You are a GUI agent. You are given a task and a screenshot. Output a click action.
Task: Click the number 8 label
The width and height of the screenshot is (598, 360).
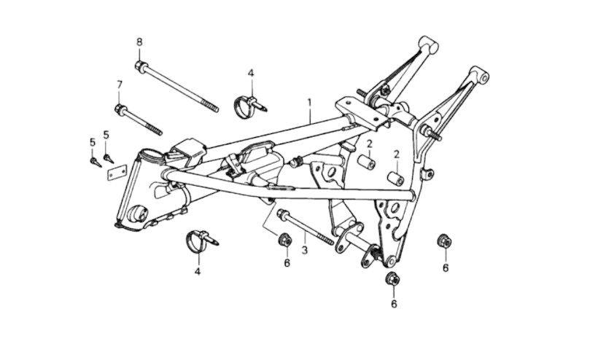click(139, 42)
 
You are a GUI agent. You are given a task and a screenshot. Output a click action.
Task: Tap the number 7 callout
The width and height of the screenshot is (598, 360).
click(120, 85)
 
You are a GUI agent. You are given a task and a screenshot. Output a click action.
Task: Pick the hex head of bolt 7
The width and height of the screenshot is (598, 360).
click(120, 109)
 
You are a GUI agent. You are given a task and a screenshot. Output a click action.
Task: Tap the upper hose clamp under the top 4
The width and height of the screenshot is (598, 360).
click(245, 106)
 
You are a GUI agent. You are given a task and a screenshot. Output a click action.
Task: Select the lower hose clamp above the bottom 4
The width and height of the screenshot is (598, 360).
click(198, 241)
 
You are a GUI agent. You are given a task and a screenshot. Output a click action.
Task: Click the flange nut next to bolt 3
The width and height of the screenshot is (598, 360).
click(286, 239)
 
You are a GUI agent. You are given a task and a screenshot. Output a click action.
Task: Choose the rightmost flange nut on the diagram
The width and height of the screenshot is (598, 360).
click(444, 240)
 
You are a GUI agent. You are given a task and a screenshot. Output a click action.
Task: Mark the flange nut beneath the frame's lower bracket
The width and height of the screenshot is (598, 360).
click(393, 278)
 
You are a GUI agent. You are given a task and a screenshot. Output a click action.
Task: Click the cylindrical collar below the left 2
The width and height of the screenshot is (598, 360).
click(366, 162)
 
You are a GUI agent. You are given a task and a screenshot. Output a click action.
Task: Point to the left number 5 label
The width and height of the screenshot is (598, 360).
click(93, 141)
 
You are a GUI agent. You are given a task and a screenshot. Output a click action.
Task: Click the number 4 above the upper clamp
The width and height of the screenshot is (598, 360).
click(250, 73)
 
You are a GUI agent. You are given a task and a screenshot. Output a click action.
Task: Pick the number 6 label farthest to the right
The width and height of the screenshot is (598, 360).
click(445, 267)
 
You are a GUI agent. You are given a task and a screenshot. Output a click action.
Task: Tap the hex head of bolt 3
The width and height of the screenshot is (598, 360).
click(281, 215)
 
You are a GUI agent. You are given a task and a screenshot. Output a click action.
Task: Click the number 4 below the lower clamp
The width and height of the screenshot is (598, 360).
click(197, 272)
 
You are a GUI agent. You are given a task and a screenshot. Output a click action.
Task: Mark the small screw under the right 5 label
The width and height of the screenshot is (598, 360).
click(108, 157)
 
